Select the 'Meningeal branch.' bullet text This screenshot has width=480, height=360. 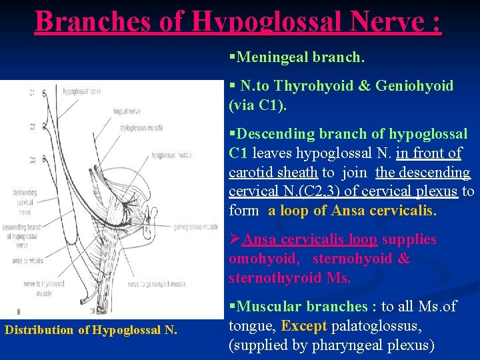300,57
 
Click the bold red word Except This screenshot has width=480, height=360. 303,326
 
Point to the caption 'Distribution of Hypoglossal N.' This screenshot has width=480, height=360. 91,329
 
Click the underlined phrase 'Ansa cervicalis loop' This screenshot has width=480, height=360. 310,239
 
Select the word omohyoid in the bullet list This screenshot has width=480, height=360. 263,259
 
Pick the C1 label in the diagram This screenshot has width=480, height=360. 31,93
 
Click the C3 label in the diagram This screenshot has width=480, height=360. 31,159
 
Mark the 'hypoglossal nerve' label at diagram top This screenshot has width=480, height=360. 78,91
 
